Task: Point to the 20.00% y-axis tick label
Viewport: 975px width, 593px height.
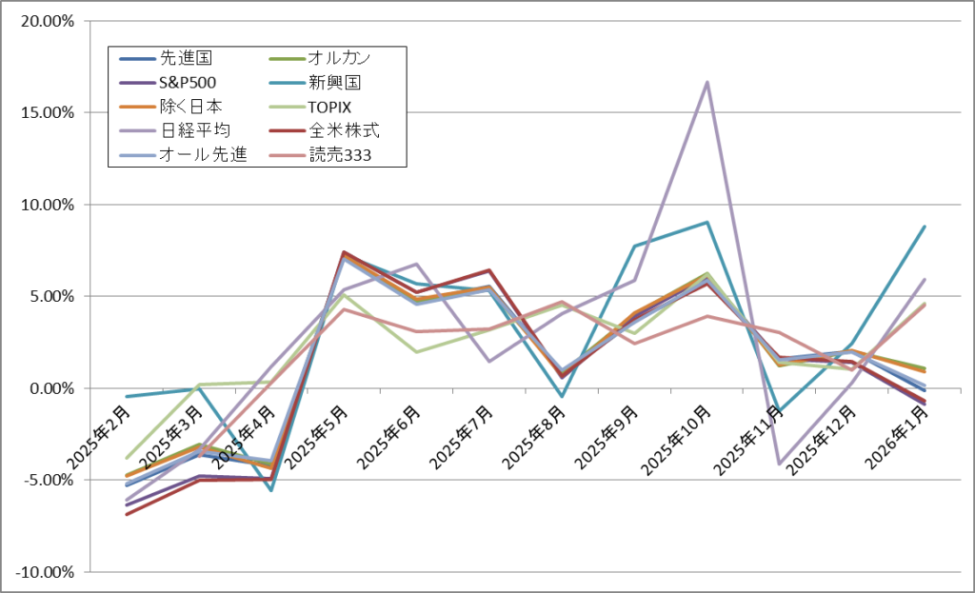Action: pos(47,20)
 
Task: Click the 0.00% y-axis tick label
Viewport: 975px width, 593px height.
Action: pos(50,388)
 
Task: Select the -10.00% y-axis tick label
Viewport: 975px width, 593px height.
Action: pos(45,572)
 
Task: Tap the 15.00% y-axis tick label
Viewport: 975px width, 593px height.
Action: pos(47,112)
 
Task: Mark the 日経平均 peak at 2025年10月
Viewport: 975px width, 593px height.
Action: pos(707,82)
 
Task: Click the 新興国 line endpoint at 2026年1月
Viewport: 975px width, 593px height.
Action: pos(925,227)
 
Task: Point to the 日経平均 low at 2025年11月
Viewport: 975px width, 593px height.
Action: pos(780,464)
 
